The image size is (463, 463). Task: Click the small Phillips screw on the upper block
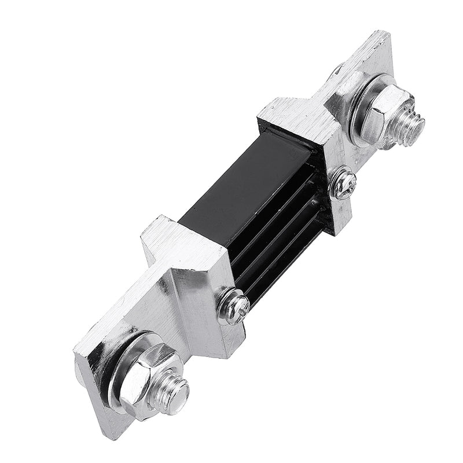click(343, 183)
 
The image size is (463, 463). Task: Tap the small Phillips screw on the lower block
click(234, 307)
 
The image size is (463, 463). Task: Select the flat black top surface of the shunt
click(243, 185)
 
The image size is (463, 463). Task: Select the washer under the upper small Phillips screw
click(336, 191)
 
